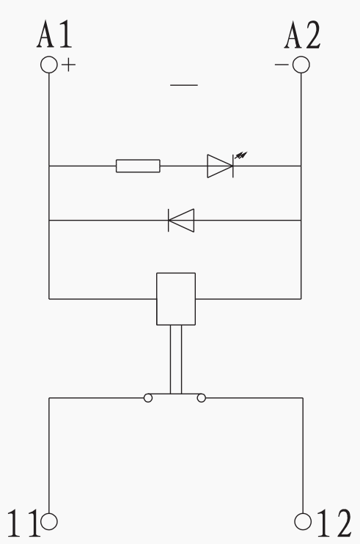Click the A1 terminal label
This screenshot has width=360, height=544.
[54, 34]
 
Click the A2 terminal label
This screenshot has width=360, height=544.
[302, 34]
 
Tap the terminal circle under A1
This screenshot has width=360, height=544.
[49, 65]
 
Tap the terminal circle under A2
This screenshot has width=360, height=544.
[301, 65]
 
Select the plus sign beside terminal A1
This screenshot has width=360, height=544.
[69, 65]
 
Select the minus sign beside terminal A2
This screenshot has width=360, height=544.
[282, 65]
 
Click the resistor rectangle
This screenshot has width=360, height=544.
[138, 166]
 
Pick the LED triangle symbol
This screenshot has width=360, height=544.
[220, 166]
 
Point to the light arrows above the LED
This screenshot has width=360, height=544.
[241, 155]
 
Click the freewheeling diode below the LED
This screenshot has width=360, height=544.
[181, 220]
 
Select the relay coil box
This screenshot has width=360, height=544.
[176, 299]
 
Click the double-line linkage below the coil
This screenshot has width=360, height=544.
[176, 359]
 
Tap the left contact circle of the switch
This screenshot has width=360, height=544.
[148, 398]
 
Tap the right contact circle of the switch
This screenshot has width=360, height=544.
[202, 398]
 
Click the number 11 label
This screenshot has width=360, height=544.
[23, 523]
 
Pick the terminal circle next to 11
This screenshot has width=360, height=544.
[49, 521]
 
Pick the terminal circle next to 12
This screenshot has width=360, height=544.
[303, 521]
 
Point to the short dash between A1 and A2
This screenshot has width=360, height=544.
[184, 85]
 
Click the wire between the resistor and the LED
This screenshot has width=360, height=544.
[184, 166]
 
